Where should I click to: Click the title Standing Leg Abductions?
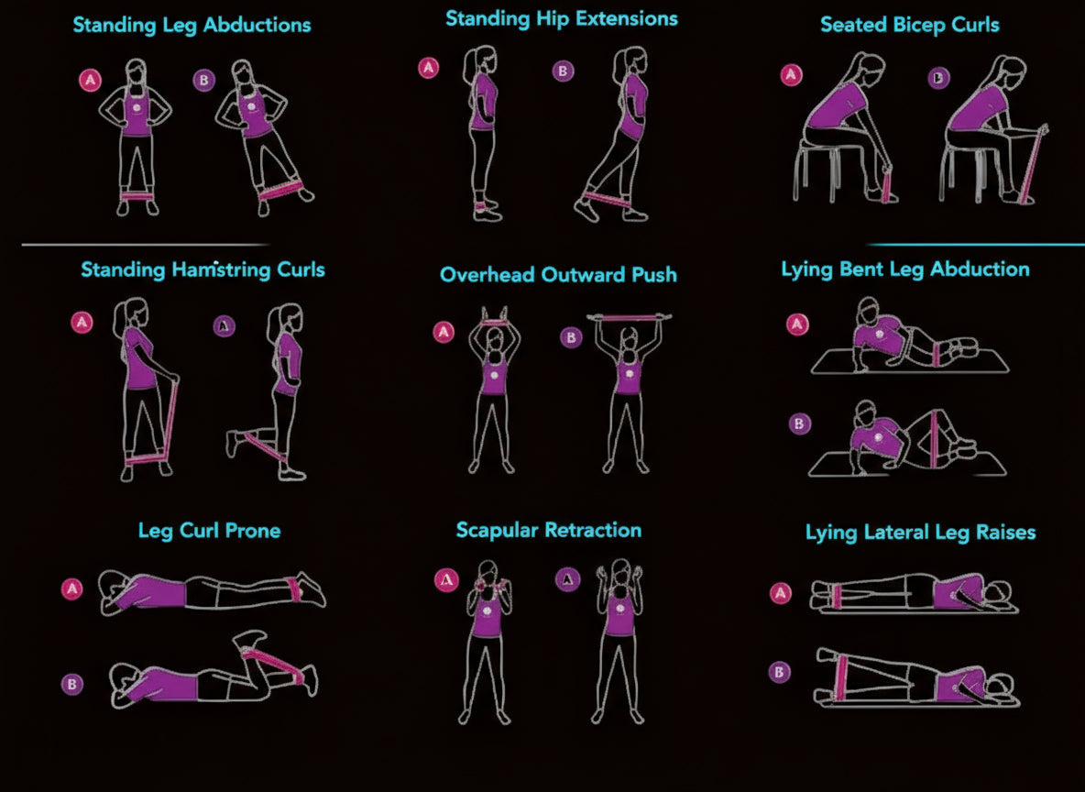192,25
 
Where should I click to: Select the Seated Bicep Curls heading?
909,25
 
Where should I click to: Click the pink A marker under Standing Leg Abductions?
90,80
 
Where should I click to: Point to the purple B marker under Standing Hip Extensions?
563,71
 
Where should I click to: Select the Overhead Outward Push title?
558,274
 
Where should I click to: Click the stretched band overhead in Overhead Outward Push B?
628,318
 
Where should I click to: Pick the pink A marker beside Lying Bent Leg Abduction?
797,324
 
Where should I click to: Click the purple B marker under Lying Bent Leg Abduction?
799,423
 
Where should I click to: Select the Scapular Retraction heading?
548,530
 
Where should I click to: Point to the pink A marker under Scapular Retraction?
445,578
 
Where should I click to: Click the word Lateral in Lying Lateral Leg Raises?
896,533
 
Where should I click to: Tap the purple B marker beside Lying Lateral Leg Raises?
780,672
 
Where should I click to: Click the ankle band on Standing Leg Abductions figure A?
137,195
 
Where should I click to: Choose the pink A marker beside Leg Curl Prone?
71,588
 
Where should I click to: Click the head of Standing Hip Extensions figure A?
481,62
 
